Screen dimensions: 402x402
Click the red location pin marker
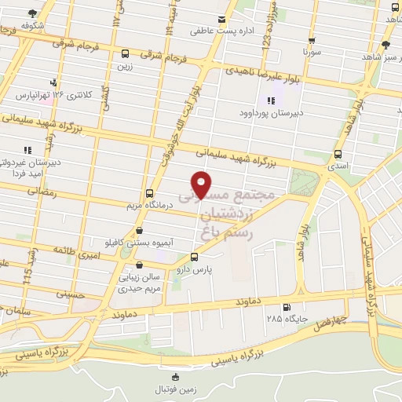coord(202,183)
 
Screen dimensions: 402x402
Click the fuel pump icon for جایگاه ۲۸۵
coord(286,307)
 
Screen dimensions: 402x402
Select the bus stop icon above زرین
coord(125,53)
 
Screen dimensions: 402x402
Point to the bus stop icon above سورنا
coord(312,40)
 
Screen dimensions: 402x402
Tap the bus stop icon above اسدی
coord(338,154)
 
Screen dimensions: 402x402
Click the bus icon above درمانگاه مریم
coord(149,193)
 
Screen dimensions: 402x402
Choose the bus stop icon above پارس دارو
coord(195,257)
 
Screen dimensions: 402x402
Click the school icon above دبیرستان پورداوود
coord(271,100)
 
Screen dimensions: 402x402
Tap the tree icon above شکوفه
coord(31,13)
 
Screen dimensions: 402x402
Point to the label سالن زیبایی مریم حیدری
coord(141,283)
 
